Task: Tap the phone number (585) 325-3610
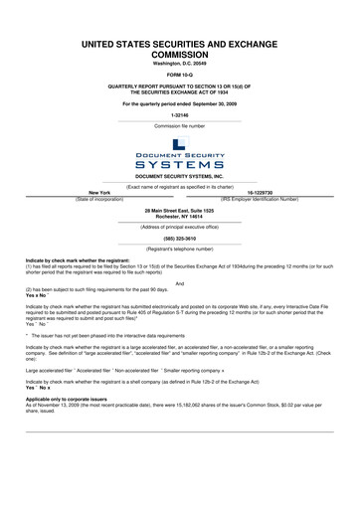tap(179, 239)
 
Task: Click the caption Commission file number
tap(179, 126)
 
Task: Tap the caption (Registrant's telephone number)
tap(179, 249)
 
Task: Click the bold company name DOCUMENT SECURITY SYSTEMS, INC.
tap(179, 176)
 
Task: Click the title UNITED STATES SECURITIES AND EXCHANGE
tap(179, 44)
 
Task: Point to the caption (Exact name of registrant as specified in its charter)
tap(179, 187)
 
